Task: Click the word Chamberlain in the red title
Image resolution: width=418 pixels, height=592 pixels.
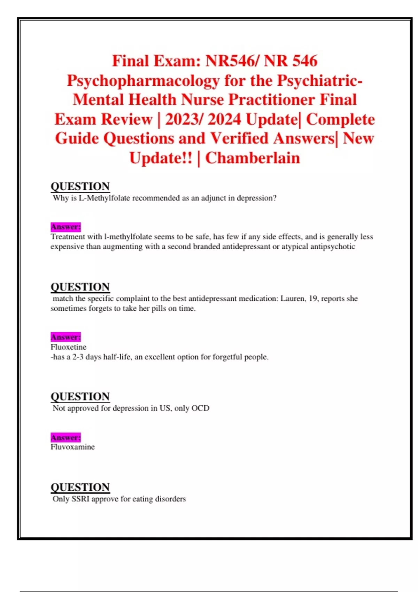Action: (253, 158)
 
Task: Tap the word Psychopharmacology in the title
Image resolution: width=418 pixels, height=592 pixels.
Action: (143, 80)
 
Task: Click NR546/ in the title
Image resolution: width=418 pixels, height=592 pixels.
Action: (232, 61)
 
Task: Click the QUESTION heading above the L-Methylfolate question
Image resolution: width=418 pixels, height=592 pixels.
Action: (80, 186)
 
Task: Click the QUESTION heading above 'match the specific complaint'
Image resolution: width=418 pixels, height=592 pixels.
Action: (80, 287)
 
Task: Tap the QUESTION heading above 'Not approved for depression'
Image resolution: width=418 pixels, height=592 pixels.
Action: (80, 396)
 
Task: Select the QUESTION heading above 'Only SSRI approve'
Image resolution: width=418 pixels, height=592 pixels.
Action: (80, 487)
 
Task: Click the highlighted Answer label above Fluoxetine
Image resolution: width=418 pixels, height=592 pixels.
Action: (65, 337)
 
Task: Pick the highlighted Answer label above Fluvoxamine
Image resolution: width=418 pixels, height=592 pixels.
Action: (65, 437)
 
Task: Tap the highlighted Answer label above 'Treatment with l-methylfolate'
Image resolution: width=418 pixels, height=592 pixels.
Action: (65, 227)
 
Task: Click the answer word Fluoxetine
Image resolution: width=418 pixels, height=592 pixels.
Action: (69, 347)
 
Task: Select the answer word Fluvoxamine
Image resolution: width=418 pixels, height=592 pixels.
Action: (72, 447)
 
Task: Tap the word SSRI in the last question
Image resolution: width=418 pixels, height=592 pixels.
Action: (80, 499)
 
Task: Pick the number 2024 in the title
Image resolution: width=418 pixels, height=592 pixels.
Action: (224, 119)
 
